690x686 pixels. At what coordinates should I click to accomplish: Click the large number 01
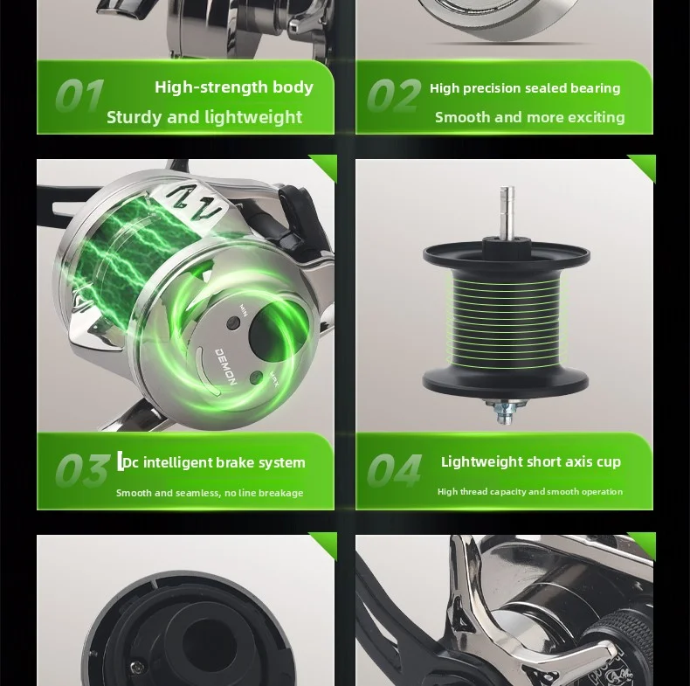pyautogui.click(x=80, y=95)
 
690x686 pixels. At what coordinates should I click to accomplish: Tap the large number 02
pyautogui.click(x=394, y=95)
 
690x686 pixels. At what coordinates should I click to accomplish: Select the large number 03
pyautogui.click(x=82, y=470)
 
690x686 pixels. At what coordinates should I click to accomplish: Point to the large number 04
pyautogui.click(x=395, y=470)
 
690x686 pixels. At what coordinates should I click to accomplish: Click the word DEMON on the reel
pyautogui.click(x=226, y=366)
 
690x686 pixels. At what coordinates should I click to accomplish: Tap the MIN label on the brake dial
pyautogui.click(x=244, y=309)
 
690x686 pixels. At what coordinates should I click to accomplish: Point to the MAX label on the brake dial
pyautogui.click(x=273, y=378)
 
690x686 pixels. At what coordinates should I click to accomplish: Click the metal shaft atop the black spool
pyautogui.click(x=507, y=212)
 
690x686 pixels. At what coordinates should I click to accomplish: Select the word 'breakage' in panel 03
pyautogui.click(x=281, y=493)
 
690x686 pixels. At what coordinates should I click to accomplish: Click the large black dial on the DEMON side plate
pyautogui.click(x=272, y=333)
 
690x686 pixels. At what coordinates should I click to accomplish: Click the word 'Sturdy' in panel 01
pyautogui.click(x=134, y=118)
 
